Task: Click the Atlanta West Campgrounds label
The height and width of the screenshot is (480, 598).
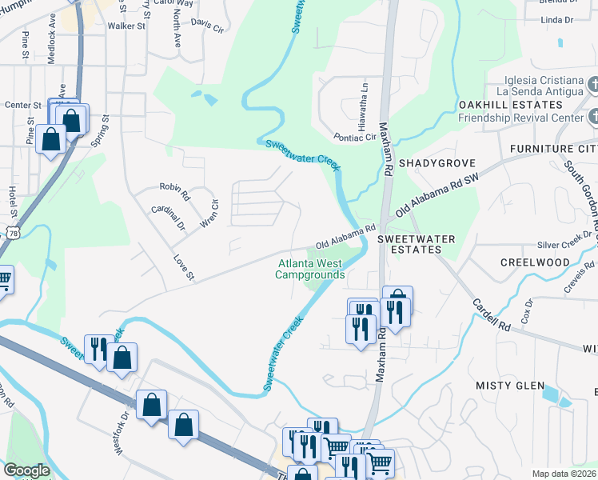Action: [x=310, y=268]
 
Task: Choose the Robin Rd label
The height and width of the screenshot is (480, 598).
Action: [x=174, y=190]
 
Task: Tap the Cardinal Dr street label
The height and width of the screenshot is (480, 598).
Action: [x=168, y=215]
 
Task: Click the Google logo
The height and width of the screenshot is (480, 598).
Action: [x=26, y=470]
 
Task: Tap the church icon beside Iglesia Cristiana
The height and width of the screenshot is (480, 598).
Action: [x=593, y=84]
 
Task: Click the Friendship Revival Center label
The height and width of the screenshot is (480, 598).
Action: [x=520, y=118]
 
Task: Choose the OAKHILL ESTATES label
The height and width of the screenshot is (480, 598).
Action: [x=510, y=105]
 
